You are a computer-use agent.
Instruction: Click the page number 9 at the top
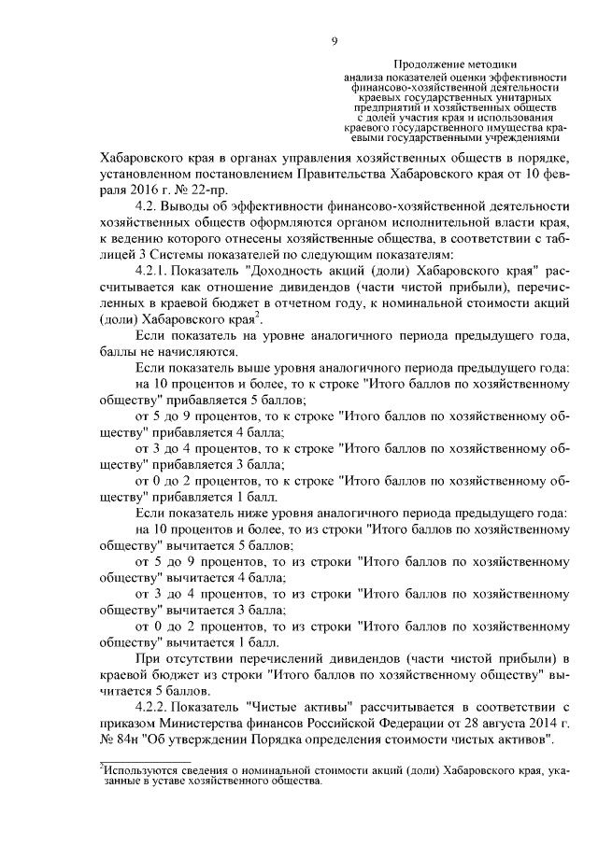tap(334, 40)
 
